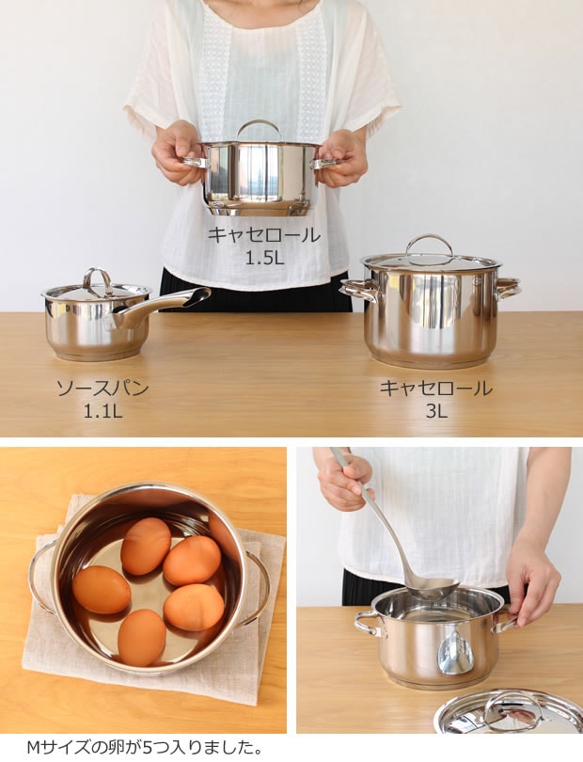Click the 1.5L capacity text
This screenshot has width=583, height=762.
264,257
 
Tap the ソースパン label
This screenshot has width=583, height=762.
102,389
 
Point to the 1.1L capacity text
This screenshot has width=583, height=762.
102,411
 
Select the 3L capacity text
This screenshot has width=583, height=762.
435,411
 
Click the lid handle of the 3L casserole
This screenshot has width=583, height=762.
429,244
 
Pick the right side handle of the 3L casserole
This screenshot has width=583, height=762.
507,287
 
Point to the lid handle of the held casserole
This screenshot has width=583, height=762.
259,127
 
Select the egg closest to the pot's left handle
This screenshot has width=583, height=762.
101,589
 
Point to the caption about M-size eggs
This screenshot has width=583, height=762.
141,748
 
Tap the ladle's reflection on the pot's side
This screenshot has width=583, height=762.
455,652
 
